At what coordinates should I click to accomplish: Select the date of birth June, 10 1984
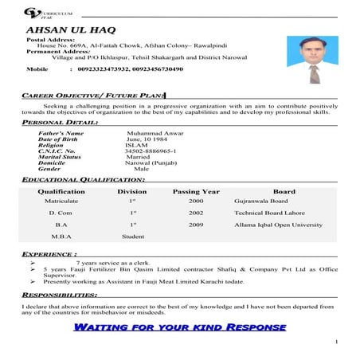pyautogui.click(x=150, y=139)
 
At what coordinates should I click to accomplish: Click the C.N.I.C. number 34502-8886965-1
pyautogui.click(x=152, y=151)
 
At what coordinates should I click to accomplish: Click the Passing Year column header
pyautogui.click(x=196, y=192)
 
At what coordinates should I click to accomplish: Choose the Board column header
pyautogui.click(x=284, y=192)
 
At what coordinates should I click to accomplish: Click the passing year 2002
pyautogui.click(x=196, y=213)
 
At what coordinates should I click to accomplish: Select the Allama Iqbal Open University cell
pyautogui.click(x=278, y=225)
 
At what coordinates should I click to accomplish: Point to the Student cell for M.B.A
pyautogui.click(x=132, y=237)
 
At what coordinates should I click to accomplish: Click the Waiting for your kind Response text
pyautogui.click(x=179, y=327)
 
